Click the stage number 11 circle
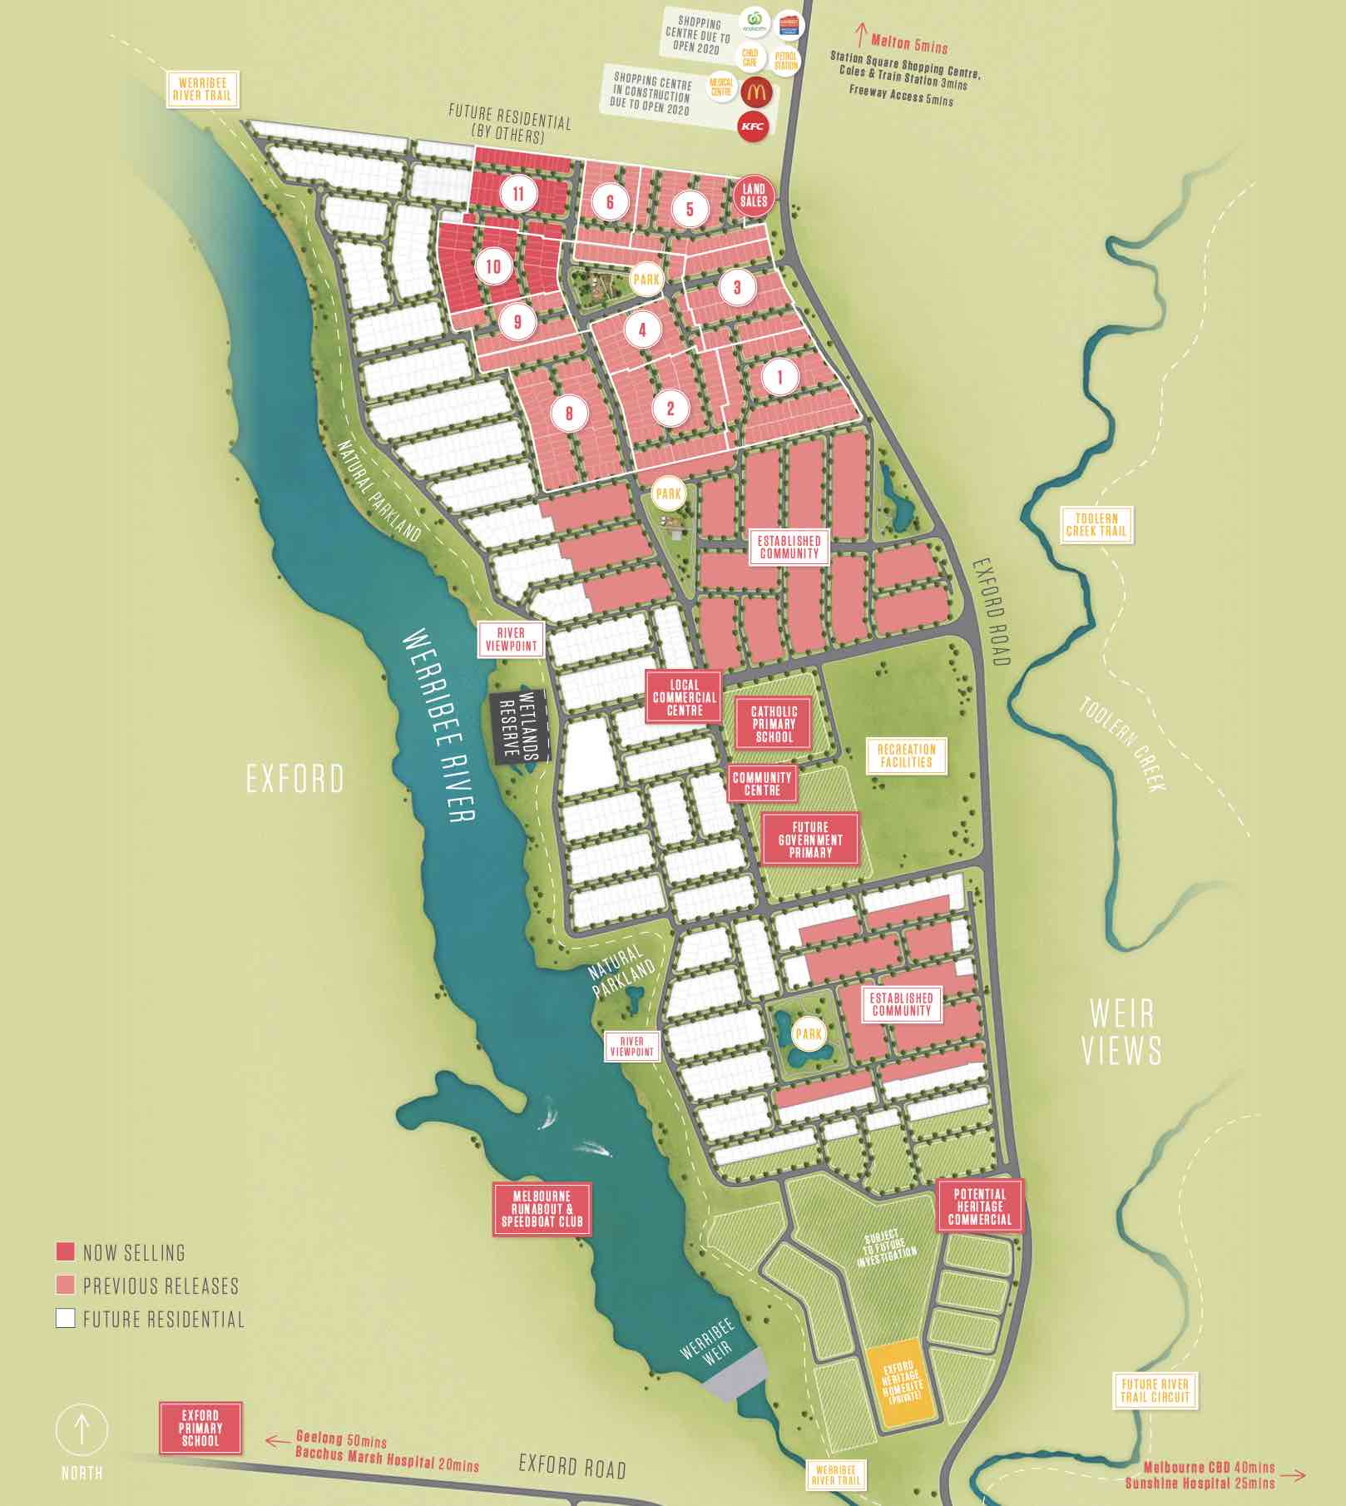click(519, 194)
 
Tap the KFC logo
click(753, 126)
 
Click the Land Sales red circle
click(754, 196)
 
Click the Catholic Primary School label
click(774, 724)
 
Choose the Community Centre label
click(762, 784)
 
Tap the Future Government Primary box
click(810, 840)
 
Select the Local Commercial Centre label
click(685, 697)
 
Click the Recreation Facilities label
click(906, 755)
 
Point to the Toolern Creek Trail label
click(1096, 524)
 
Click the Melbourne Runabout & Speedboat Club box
click(542, 1209)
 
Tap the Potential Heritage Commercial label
click(979, 1206)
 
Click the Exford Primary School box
click(200, 1428)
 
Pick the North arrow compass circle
click(82, 1430)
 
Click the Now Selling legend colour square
click(65, 1251)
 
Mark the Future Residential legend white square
click(65, 1318)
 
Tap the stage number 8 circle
click(569, 413)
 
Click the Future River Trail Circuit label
click(1155, 1390)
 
